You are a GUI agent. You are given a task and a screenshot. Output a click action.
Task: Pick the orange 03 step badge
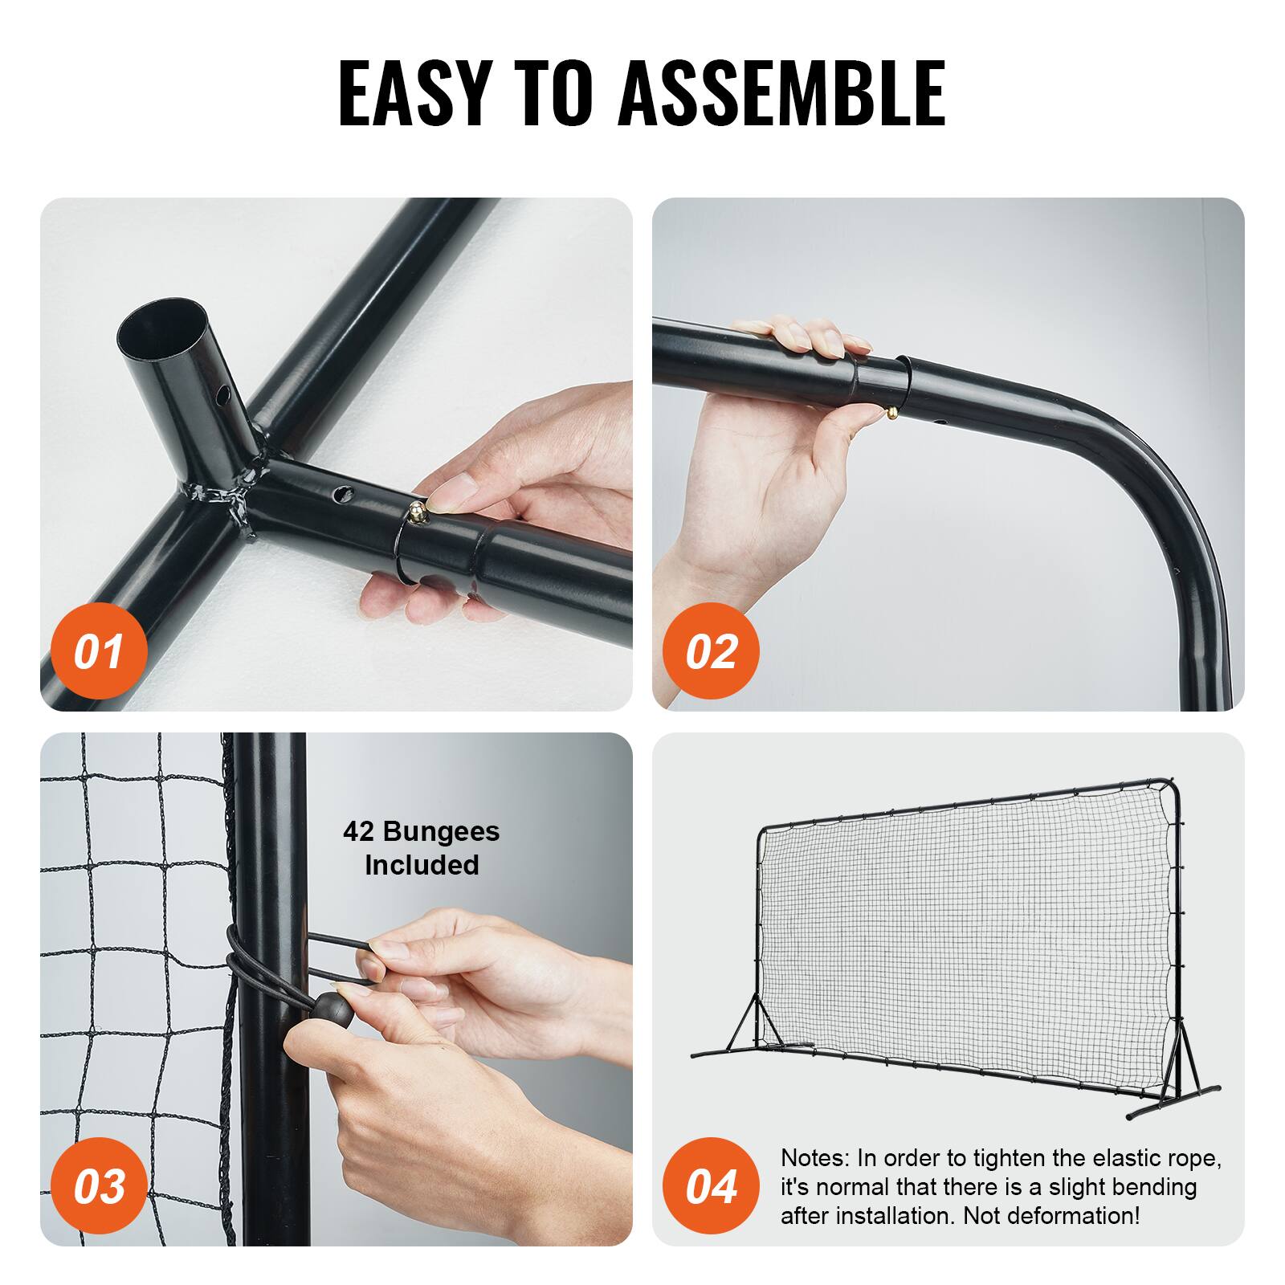pos(99,1186)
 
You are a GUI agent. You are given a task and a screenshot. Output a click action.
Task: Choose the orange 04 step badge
pos(711,1186)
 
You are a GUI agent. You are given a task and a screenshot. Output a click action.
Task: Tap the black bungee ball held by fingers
pos(332,1010)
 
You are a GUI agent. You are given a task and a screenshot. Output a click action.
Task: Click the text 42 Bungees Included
pos(421,848)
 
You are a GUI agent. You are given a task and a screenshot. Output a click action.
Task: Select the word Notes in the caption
pos(813,1158)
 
